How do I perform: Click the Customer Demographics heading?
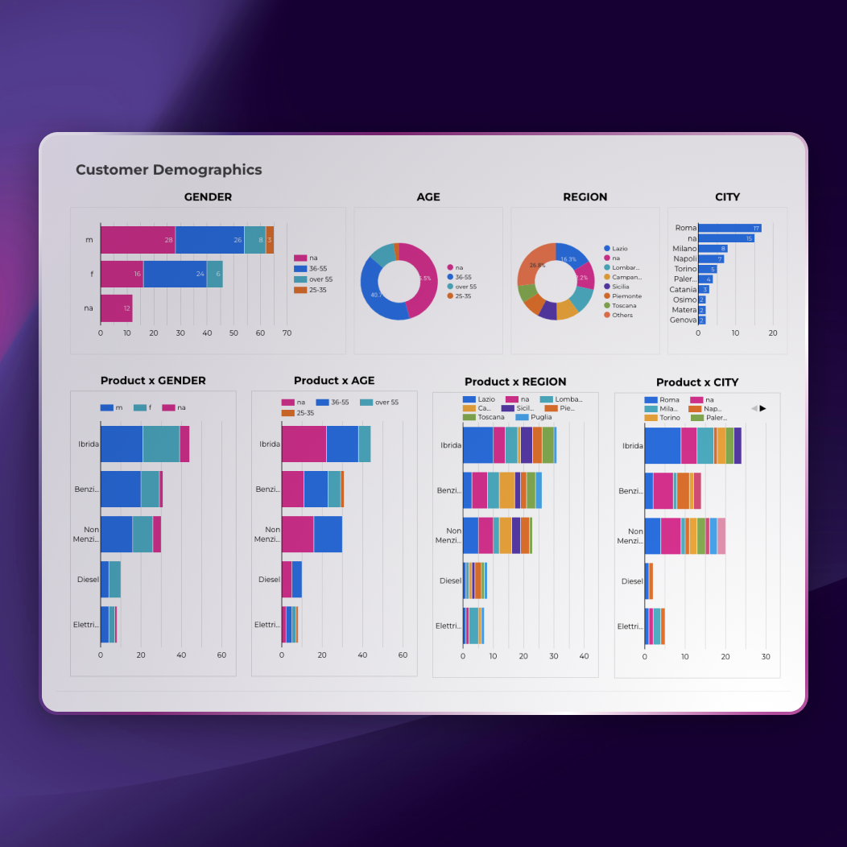point(168,170)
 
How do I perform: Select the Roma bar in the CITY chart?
point(729,228)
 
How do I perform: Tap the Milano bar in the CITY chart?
point(713,249)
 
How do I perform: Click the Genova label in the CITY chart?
point(683,320)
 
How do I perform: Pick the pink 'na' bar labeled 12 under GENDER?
point(116,308)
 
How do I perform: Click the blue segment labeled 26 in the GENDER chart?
point(209,240)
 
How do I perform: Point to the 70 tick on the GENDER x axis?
point(287,333)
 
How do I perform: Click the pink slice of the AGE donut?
point(423,278)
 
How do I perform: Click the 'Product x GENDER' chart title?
point(153,381)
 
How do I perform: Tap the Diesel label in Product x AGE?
point(269,580)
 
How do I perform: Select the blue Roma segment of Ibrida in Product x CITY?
point(663,446)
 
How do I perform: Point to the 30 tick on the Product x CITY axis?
point(765,657)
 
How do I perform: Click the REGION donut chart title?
point(585,197)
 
